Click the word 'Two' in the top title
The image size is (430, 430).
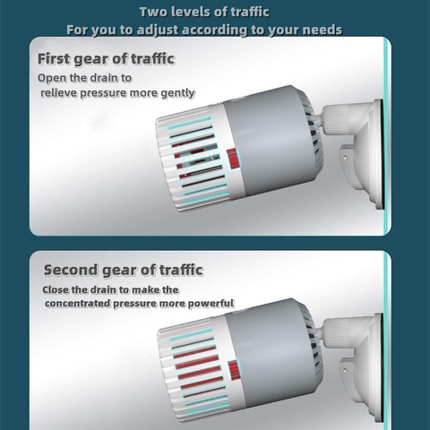(x=152, y=12)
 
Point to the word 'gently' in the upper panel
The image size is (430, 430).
(x=177, y=93)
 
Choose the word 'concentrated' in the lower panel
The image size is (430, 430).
(x=78, y=304)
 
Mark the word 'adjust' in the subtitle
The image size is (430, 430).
(x=158, y=30)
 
